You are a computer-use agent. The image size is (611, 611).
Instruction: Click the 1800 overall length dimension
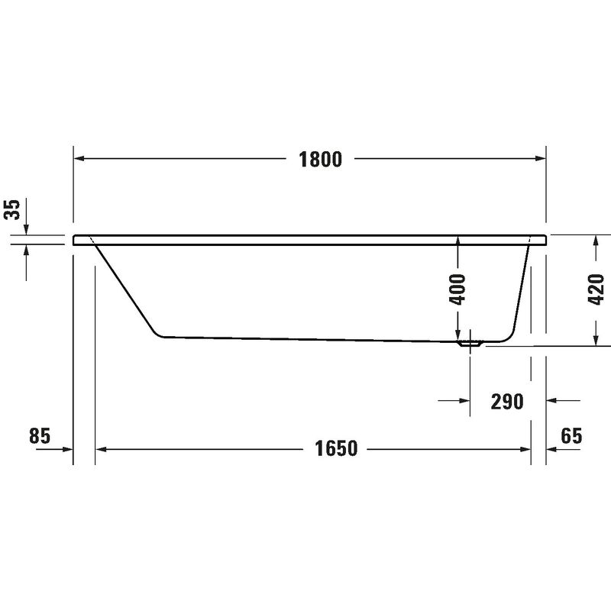pos(320,160)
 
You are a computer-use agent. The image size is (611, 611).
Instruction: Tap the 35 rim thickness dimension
pos(12,209)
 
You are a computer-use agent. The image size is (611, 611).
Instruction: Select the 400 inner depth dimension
pos(457,289)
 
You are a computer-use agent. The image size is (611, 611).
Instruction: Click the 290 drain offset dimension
pos(507,402)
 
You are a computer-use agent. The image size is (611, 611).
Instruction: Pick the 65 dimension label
pos(571,435)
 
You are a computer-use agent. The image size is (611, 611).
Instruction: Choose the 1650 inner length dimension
pos(336,448)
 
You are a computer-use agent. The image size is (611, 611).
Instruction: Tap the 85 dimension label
pos(40,435)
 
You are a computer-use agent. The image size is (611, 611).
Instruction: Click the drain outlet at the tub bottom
pos(470,344)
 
